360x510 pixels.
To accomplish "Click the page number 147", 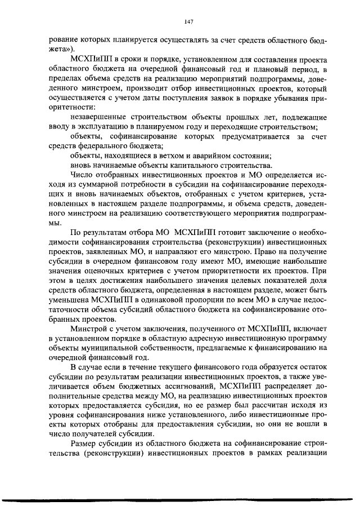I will (189, 21).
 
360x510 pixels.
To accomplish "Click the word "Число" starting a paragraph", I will (83, 175).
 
